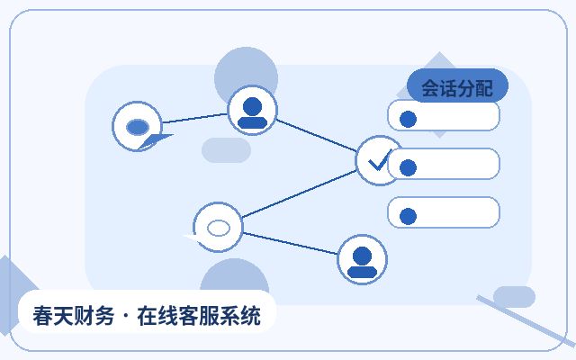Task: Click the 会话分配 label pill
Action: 457,85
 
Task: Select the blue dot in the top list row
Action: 408,120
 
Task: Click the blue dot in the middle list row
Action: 408,168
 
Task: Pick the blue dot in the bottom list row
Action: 408,216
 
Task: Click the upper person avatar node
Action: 252,110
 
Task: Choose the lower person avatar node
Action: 362,259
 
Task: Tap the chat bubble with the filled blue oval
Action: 138,126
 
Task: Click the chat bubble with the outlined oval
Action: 217,228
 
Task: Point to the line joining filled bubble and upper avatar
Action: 194,118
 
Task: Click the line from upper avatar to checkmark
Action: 316,135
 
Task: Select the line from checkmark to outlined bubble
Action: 299,194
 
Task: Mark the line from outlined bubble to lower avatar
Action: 290,243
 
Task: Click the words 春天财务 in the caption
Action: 74,316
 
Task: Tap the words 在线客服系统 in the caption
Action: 199,316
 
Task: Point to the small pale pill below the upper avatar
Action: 226,150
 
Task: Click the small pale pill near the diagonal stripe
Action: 514,297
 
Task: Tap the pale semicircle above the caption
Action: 234,275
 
